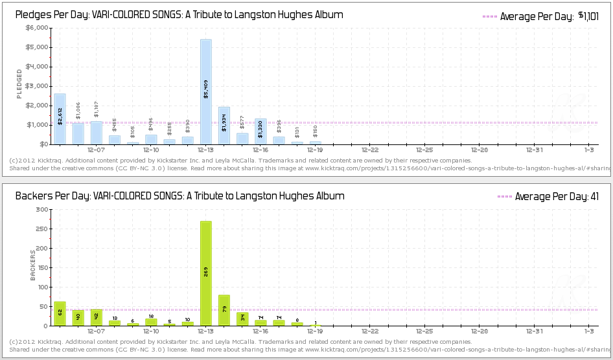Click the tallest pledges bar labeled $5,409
click(205, 91)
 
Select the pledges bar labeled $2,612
click(60, 118)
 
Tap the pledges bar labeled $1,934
click(224, 125)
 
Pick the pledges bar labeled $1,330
click(260, 131)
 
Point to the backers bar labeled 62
click(60, 313)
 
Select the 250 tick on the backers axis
click(41, 229)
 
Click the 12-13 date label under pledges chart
click(205, 150)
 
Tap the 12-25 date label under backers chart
click(424, 331)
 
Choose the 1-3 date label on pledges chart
click(588, 150)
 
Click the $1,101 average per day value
click(589, 16)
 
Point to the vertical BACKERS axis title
click(33, 266)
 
